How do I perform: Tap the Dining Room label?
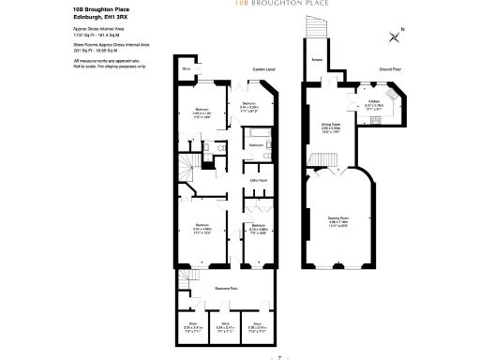click(x=330, y=123)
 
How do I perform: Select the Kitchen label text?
click(x=372, y=100)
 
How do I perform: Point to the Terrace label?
click(x=317, y=59)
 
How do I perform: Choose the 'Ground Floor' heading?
click(x=391, y=69)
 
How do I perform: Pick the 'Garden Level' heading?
click(x=263, y=69)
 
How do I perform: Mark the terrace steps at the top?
click(x=316, y=30)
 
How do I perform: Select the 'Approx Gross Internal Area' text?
click(x=98, y=31)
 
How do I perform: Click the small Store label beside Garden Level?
click(x=186, y=69)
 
